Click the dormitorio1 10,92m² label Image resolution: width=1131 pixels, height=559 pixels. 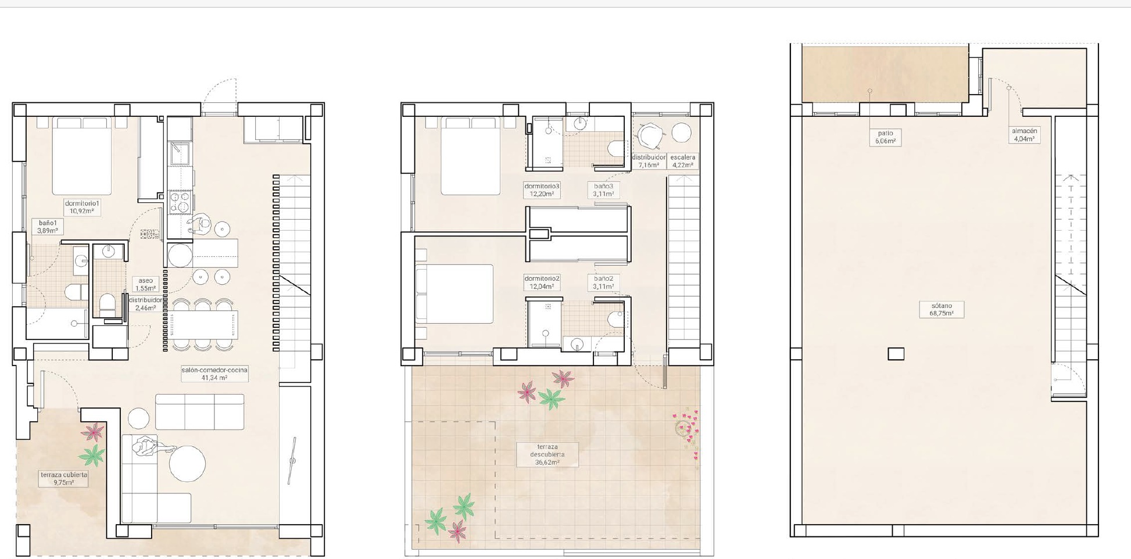(82, 207)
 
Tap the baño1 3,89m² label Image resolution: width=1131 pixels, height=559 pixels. (48, 227)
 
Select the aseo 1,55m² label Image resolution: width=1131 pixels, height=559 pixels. (145, 284)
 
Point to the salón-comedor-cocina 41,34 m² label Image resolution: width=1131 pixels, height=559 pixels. (214, 374)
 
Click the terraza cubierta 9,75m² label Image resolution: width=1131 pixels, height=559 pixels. (64, 478)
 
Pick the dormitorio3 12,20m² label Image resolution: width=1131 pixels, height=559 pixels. (542, 190)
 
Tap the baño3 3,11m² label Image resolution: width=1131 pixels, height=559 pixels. (603, 190)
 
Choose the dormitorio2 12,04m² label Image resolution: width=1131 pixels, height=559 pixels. (542, 282)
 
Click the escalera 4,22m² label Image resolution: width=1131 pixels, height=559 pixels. (682, 161)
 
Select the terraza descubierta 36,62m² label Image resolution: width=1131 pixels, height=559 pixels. (547, 454)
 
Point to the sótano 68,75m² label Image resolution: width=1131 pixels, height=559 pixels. (942, 309)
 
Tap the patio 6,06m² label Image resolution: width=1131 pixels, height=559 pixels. (885, 137)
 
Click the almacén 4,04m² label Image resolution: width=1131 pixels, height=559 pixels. (1025, 135)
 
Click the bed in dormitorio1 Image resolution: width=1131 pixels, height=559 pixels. (82, 156)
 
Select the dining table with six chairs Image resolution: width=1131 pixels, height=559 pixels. (203, 325)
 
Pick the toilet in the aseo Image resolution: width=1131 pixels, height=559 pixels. (108, 305)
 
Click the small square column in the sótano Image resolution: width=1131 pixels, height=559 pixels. (896, 354)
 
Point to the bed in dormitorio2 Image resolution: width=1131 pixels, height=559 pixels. (454, 294)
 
